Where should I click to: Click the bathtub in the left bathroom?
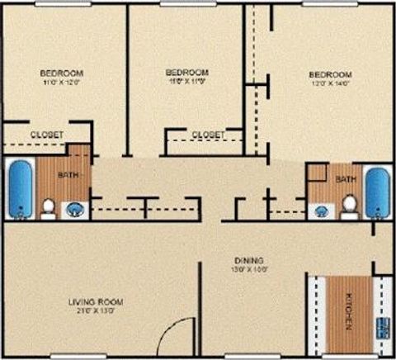[20, 188]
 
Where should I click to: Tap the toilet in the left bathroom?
[49, 206]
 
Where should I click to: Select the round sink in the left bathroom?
[76, 208]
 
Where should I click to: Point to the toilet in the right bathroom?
[349, 203]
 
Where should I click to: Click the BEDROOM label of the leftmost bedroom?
[61, 71]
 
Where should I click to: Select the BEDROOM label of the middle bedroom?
[186, 72]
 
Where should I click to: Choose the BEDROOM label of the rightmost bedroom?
[331, 73]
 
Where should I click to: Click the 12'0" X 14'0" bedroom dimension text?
[331, 83]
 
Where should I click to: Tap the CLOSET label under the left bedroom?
[46, 134]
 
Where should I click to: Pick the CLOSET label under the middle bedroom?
[208, 134]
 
